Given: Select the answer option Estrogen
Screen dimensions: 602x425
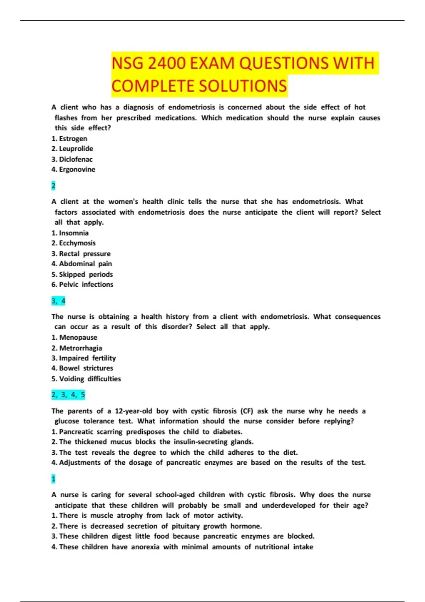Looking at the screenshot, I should tap(73, 139).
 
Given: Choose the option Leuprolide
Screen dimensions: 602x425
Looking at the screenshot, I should tap(76, 149).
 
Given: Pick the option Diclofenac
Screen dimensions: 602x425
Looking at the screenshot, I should tap(75, 159).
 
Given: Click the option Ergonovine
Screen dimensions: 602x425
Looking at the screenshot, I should tap(77, 170).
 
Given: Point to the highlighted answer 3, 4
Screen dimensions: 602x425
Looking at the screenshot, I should tap(58, 301).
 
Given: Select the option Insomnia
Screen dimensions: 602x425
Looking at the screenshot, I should tap(74, 233).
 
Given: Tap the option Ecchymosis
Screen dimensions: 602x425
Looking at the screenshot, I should tap(77, 243).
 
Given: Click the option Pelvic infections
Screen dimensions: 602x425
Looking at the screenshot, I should tap(86, 285).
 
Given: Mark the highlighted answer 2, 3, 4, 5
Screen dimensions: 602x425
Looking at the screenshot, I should tap(68, 395).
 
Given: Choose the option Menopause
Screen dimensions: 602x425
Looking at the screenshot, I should tap(78, 338).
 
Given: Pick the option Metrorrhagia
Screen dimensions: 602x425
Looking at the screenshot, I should tap(80, 348).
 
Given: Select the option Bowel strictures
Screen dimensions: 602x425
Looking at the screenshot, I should tap(86, 368).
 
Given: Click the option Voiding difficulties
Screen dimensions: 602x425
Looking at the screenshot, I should tap(90, 379).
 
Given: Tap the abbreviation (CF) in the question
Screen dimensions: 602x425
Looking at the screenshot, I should tap(247, 411).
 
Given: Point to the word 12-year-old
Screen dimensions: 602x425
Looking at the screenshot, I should tap(134, 411).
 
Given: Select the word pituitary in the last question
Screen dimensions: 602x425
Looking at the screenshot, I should tap(185, 526).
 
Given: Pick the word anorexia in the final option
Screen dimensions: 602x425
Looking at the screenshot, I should tap(145, 547).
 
